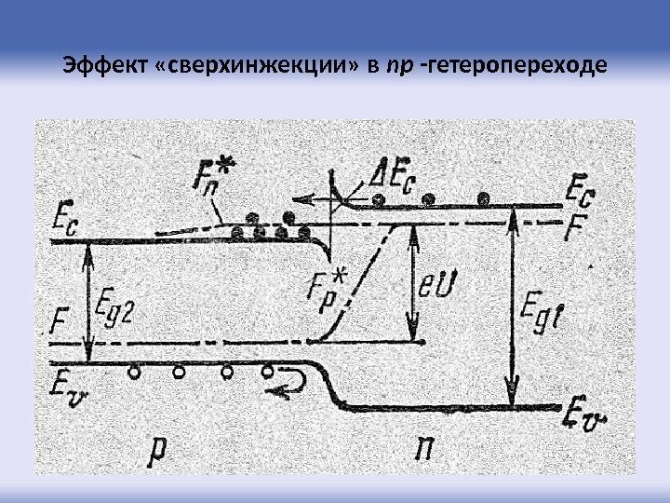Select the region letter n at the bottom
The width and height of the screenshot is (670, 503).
point(423,451)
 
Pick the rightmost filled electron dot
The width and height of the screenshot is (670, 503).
point(483,198)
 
